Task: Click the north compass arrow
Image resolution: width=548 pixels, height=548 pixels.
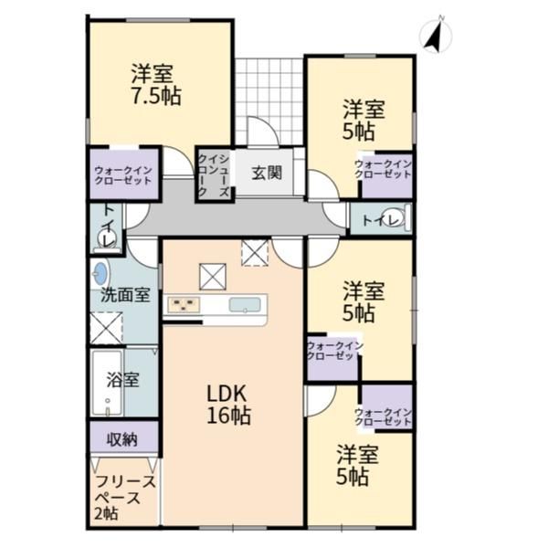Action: click(x=433, y=35)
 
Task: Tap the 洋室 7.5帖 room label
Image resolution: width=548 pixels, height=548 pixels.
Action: click(x=155, y=85)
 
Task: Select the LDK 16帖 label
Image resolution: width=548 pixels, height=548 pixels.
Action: click(x=228, y=405)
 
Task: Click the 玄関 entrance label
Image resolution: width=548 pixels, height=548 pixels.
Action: click(x=267, y=173)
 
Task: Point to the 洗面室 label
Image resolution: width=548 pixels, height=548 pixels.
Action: click(x=125, y=295)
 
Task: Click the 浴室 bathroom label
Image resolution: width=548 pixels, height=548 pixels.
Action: click(x=123, y=380)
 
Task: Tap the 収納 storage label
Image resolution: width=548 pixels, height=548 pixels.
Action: click(x=122, y=439)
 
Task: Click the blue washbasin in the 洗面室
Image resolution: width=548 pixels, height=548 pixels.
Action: click(x=100, y=273)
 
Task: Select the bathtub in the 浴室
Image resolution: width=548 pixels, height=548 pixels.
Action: click(x=107, y=383)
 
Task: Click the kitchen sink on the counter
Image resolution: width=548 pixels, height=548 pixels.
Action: click(x=245, y=304)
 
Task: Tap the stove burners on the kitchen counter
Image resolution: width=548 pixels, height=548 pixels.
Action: click(x=184, y=304)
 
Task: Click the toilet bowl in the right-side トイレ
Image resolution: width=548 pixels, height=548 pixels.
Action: click(x=394, y=217)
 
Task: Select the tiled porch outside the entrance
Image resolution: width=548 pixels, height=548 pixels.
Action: click(x=269, y=101)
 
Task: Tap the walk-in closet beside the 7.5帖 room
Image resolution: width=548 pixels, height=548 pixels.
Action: click(x=123, y=174)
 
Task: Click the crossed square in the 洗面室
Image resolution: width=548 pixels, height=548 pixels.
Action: click(x=106, y=328)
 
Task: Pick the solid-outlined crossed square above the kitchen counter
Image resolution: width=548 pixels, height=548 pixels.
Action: click(x=213, y=277)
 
